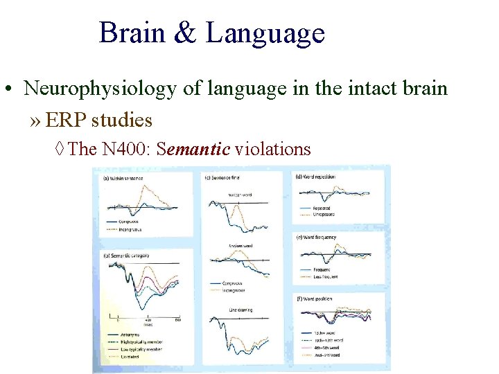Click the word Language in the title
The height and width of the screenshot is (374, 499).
(265, 33)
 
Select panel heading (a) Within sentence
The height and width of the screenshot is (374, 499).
(124, 178)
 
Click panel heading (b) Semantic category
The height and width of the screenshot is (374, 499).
(127, 255)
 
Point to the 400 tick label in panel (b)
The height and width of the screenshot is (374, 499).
(148, 319)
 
